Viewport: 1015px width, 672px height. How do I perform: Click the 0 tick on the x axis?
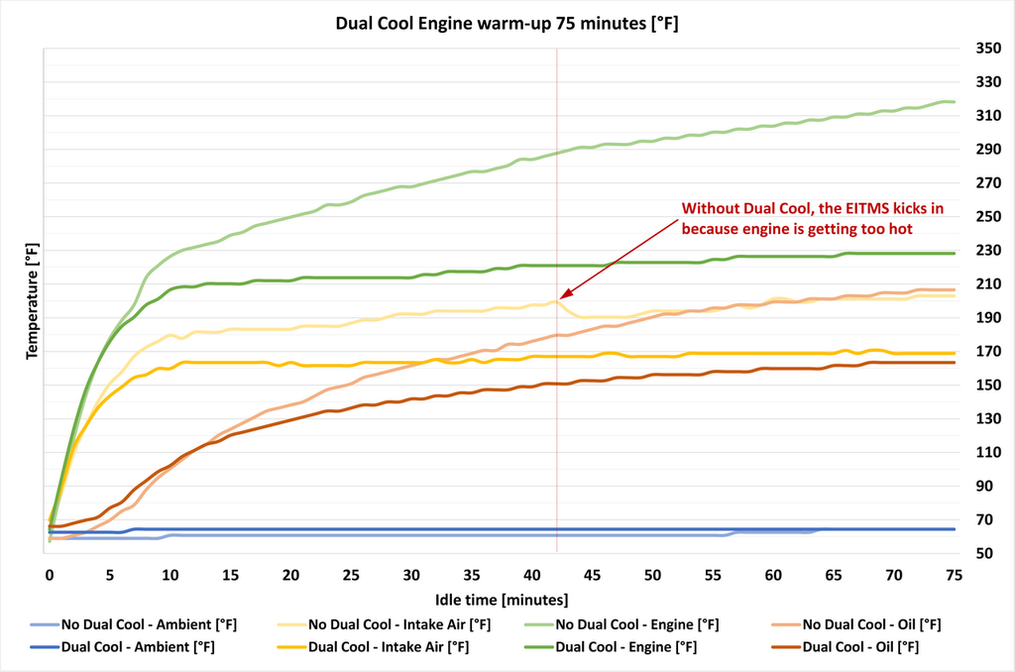[50, 575]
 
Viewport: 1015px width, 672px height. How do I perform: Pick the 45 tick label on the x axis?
[592, 575]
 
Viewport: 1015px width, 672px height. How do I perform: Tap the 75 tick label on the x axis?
[954, 575]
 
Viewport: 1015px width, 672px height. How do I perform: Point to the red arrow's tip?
[561, 296]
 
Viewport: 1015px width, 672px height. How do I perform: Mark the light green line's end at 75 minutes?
[953, 102]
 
